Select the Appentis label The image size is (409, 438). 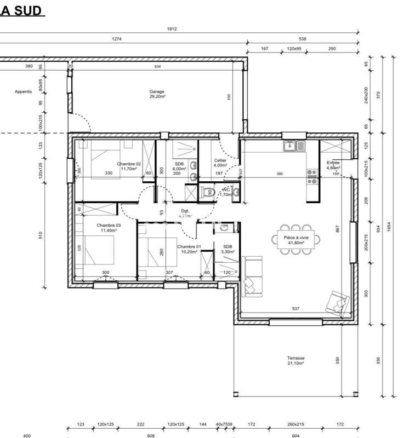click(x=24, y=91)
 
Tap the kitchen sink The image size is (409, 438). click(x=294, y=146)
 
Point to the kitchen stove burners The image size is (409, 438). click(x=312, y=176)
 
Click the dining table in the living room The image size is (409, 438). click(x=296, y=239)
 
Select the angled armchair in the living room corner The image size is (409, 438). click(x=337, y=301)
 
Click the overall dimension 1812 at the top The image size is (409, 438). click(x=172, y=30)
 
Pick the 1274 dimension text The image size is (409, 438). click(x=116, y=39)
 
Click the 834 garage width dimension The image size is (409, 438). click(x=158, y=66)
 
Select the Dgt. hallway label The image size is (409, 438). click(x=185, y=211)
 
